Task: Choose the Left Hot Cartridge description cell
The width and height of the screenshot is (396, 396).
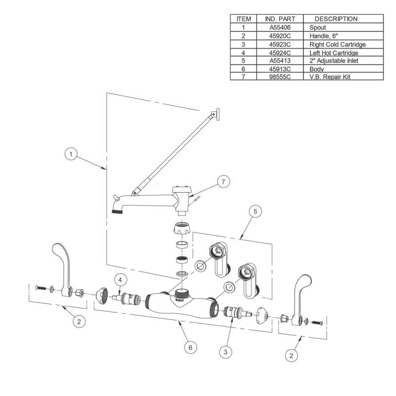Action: pyautogui.click(x=334, y=52)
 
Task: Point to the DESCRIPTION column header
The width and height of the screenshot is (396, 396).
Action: pyautogui.click(x=336, y=19)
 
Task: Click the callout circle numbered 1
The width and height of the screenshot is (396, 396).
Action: pyautogui.click(x=72, y=154)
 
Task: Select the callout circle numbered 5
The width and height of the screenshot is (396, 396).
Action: pyautogui.click(x=255, y=212)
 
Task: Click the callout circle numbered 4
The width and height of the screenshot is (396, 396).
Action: pyautogui.click(x=119, y=279)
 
